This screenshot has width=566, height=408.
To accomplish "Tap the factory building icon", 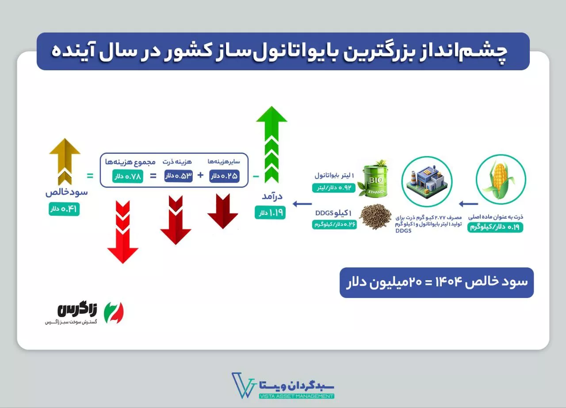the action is click(427, 181).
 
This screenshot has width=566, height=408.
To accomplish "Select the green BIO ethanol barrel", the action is click(375, 179).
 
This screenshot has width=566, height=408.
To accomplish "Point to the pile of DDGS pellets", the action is click(375, 217).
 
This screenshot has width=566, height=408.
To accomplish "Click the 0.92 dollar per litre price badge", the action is click(334, 188).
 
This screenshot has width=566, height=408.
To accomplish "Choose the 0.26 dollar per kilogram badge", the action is click(334, 225).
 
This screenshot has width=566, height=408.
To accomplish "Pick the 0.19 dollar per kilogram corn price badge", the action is click(495, 227).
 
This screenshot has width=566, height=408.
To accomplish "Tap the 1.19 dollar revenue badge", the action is click(270, 213).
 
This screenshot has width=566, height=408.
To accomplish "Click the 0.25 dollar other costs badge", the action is click(224, 176).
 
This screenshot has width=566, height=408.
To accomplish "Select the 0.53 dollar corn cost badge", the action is click(178, 176).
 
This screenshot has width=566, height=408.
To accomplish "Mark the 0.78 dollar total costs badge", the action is click(128, 176).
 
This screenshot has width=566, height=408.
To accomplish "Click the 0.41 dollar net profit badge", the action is click(64, 209).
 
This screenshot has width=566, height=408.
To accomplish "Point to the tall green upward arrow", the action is click(272, 145).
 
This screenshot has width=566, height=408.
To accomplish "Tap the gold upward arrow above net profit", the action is click(65, 162).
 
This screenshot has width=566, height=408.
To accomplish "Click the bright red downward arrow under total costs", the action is click(123, 232).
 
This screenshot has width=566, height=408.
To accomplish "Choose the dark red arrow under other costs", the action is click(222, 211).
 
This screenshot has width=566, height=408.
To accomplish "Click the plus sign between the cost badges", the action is click(200, 175).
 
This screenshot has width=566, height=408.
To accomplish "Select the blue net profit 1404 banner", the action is click(436, 283).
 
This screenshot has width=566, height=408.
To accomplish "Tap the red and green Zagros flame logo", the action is click(114, 313).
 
